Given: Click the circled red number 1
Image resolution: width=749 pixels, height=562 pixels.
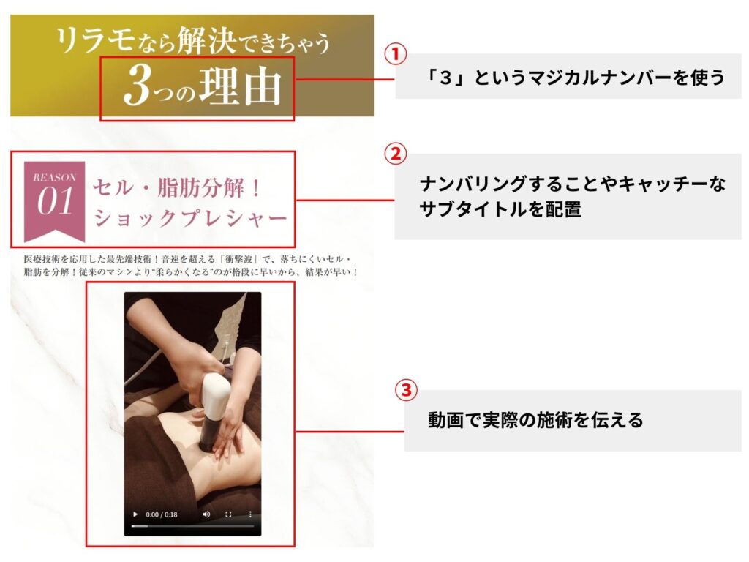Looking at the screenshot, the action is (x=396, y=54).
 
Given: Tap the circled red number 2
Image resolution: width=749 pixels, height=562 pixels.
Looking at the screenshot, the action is (x=396, y=154).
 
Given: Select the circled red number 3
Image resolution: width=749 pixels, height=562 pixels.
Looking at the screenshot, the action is (x=406, y=390).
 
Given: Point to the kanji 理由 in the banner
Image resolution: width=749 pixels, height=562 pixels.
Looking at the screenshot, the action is (x=240, y=86).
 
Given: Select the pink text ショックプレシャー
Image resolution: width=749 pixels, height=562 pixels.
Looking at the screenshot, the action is (x=190, y=218).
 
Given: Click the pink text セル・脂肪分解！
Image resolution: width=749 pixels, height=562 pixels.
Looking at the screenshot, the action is (x=177, y=188).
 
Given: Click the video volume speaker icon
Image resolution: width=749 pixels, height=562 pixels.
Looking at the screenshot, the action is (x=206, y=514).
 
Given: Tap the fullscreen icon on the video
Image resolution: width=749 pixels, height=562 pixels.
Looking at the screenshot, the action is (x=228, y=514).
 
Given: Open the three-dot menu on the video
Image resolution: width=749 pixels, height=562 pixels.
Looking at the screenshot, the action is (x=250, y=514).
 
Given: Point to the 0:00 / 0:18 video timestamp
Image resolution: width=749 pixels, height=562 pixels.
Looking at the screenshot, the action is (x=162, y=514).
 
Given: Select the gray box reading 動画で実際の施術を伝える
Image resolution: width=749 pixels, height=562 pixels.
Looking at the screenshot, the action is (x=573, y=421).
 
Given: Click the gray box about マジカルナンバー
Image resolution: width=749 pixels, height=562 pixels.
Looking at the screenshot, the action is (x=568, y=76).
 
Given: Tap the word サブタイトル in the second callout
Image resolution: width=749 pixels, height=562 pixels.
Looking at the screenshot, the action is (x=473, y=209).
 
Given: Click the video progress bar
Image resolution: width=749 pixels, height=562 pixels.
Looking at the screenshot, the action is (x=192, y=526).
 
